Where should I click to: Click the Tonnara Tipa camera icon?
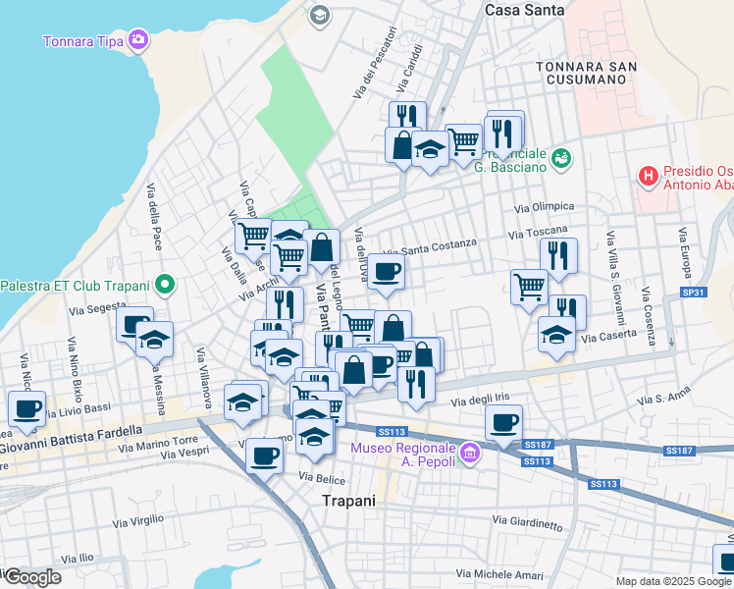point(138,39)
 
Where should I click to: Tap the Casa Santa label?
point(525,9)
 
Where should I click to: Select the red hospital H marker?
point(648,176)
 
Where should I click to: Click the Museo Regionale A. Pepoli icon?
point(470,453)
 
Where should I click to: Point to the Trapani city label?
point(349,500)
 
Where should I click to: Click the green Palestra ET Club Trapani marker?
point(164,286)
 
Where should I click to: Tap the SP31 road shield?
point(693,294)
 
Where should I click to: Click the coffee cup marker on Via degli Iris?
point(504,423)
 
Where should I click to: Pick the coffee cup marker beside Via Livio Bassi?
point(26,408)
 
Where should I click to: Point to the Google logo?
point(31,577)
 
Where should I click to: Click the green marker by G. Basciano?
point(561,157)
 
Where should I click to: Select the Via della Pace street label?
point(154,216)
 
